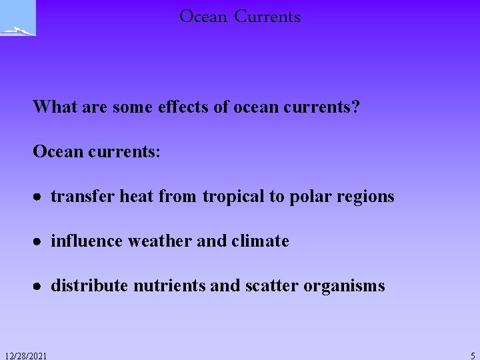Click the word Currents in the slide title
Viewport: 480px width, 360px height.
[267, 17]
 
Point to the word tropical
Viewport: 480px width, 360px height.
[233, 197]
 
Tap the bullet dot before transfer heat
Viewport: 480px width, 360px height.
[39, 198]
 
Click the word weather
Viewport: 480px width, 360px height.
[163, 241]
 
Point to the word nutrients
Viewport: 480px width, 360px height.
[169, 286]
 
